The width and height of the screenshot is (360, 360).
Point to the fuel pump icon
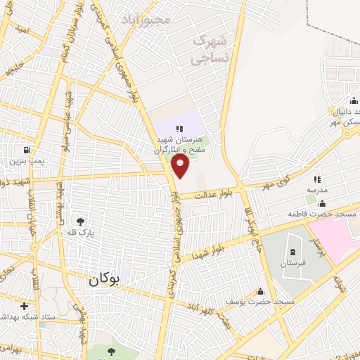click(x=27, y=150)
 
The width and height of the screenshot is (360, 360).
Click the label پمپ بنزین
click(x=27, y=161)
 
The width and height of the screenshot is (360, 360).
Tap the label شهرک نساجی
click(x=212, y=49)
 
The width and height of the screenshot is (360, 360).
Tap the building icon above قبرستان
click(x=294, y=252)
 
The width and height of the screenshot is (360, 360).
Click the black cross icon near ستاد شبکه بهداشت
click(x=25, y=306)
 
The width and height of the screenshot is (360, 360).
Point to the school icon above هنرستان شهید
click(x=179, y=128)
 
